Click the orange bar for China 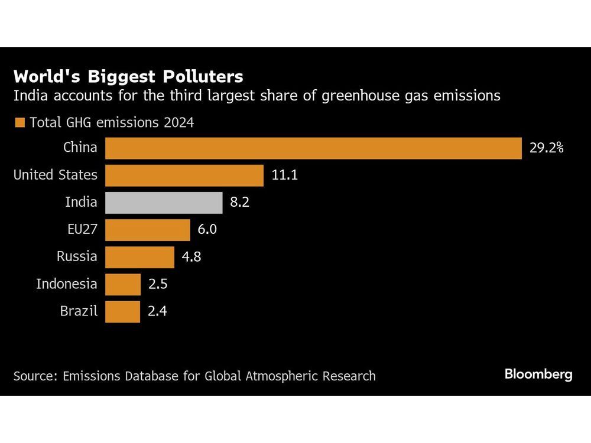coord(313,148)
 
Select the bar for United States coord(184,175)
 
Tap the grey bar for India coord(164,203)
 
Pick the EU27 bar coord(148,230)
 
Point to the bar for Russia coord(139,257)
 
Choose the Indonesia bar coord(123,284)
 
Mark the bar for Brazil coord(122,311)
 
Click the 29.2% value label coord(546,148)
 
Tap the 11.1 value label coord(285,175)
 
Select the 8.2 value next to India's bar coord(241,203)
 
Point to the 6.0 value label coord(207,230)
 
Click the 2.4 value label coord(158,311)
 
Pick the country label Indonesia coord(67,284)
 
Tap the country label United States coord(56,175)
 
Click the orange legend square coord(20,123)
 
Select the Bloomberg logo coord(538,374)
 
